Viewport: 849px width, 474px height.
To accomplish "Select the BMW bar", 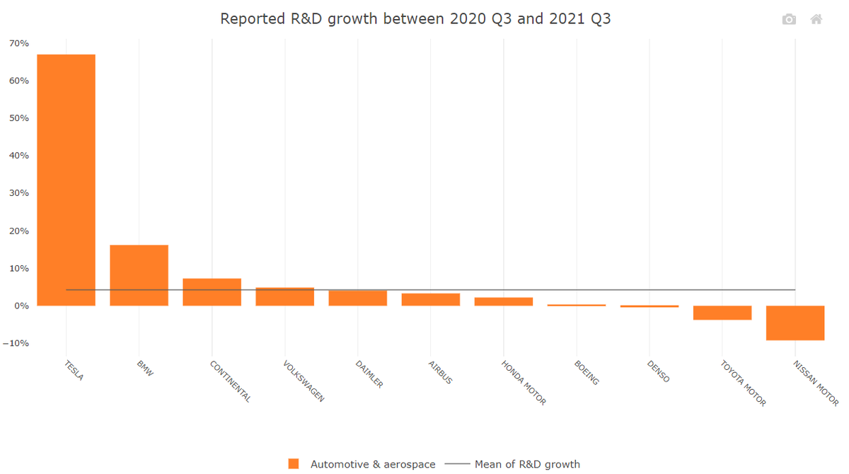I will coord(139,275).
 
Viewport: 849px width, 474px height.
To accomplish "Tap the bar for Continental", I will coord(212,291).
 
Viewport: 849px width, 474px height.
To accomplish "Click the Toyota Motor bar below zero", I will coord(722,313).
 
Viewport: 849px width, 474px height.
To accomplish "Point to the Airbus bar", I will coord(430,299).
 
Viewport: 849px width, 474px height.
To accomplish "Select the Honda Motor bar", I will coord(503,301).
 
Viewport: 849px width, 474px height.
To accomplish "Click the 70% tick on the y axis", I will coord(19,44).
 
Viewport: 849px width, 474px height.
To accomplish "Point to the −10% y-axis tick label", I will coord(16,343).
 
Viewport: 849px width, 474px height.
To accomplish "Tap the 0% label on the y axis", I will coord(21,306).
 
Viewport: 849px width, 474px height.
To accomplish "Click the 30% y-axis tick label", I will coord(19,193).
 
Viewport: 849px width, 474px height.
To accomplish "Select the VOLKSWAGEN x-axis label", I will coord(304,381).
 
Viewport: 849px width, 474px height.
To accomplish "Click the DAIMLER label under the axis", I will coord(369,374).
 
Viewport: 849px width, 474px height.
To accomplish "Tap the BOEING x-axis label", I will coord(587,372).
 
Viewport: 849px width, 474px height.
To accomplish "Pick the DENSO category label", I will coord(658,371).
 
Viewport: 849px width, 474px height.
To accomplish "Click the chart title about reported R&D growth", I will coord(415,18).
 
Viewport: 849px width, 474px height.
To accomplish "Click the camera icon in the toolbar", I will coord(789,20).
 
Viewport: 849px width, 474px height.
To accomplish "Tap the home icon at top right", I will coord(816,20).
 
